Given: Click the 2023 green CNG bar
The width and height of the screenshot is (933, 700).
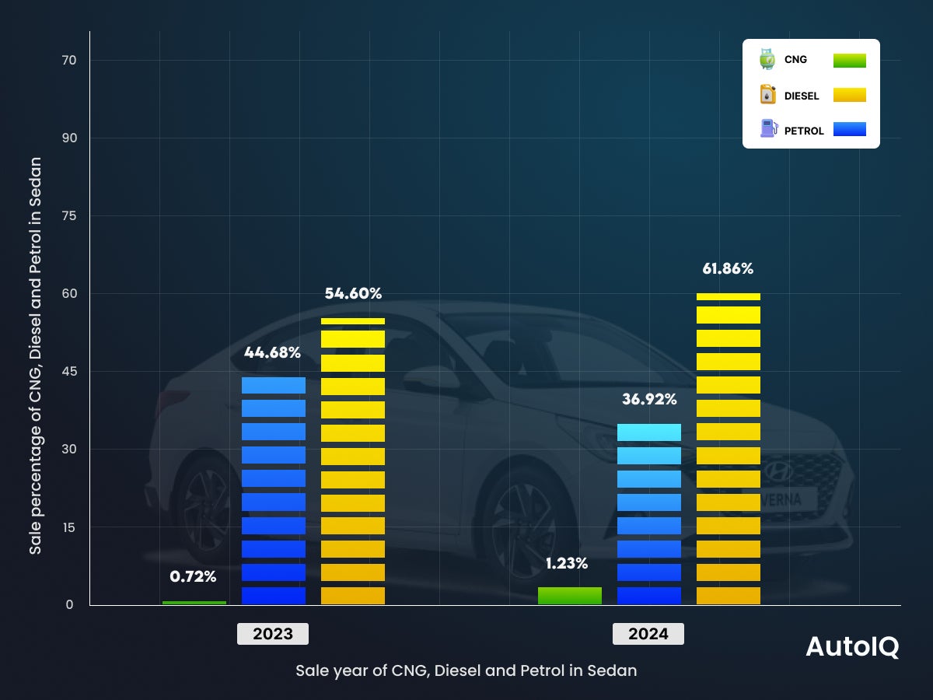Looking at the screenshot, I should coord(194,603).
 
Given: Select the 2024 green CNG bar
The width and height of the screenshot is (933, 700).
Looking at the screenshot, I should coord(570,596).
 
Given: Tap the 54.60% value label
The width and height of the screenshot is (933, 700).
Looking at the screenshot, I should coord(353,294).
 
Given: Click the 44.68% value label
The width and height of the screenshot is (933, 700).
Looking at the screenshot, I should coord(272,352).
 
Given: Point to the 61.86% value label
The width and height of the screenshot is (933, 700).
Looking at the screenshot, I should coord(728,269).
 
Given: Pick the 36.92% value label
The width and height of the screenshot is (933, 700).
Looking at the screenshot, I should coord(649,400).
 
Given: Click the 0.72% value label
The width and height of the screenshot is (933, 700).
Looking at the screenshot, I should coord(193,577).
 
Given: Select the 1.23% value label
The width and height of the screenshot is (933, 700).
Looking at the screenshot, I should coord(566,563).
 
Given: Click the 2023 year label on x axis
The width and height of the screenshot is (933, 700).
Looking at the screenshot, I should coord(273,634).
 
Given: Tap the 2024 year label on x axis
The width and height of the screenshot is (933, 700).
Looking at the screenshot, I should coord(648,634).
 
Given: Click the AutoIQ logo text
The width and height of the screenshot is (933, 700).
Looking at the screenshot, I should coord(852,647).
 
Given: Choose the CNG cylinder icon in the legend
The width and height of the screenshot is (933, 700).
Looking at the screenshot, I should coord(767,60).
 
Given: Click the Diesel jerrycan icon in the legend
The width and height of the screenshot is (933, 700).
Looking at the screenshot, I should coord(767,95).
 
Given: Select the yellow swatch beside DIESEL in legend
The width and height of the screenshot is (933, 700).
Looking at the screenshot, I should coord(849,95).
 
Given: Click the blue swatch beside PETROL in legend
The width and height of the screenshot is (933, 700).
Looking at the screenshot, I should coord(849,130).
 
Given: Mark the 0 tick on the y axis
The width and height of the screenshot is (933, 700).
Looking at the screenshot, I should coord(69,605).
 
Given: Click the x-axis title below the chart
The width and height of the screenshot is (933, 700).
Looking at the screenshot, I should coord(466,670).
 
